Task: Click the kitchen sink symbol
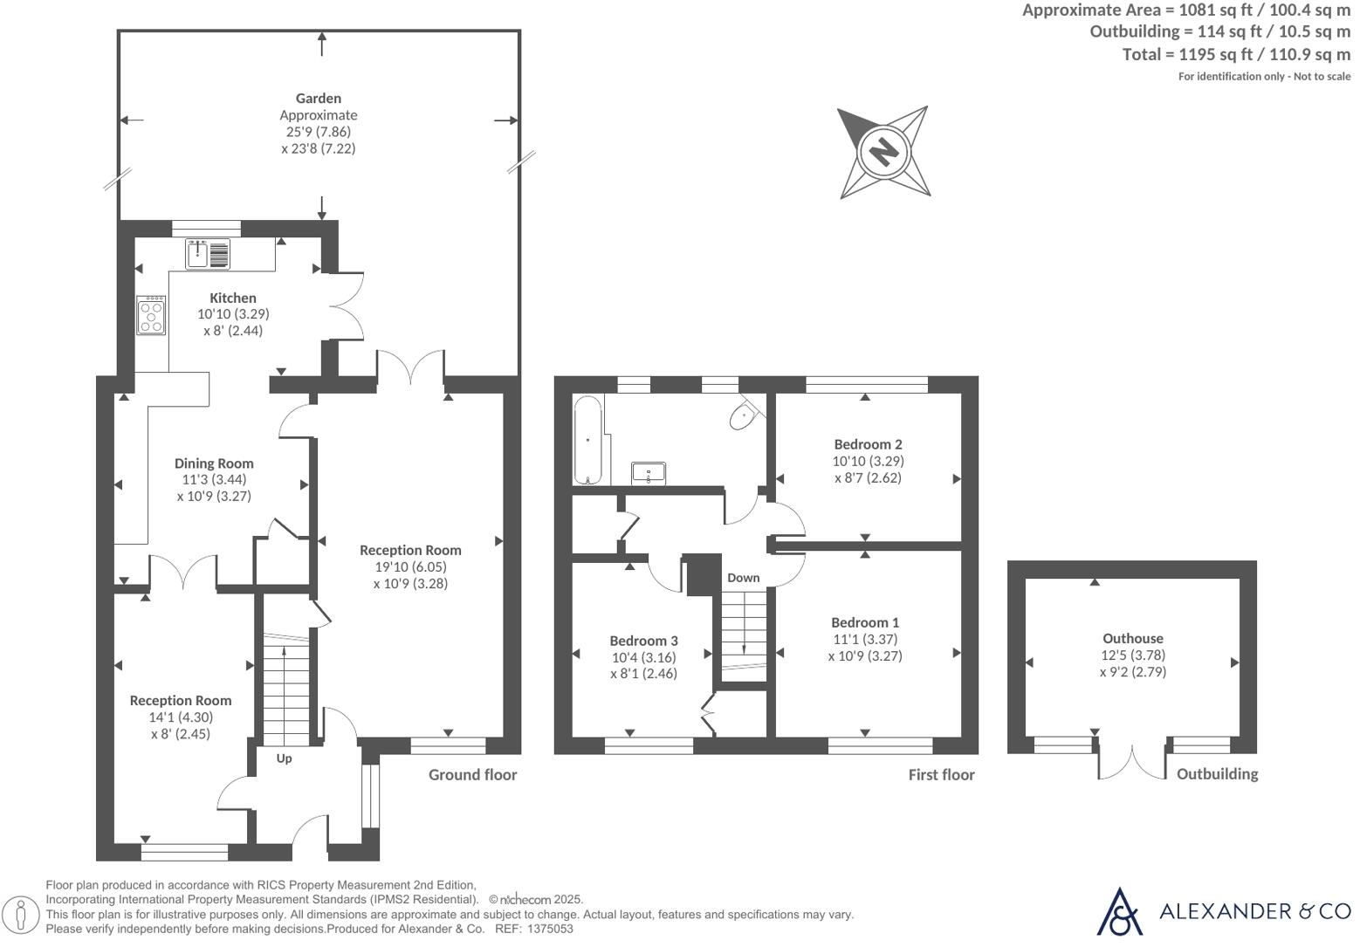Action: coord(208,254)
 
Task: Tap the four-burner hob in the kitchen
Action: coord(151,316)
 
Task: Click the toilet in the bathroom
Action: coord(743,415)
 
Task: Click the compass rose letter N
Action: coord(883,152)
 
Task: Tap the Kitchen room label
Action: coord(233,298)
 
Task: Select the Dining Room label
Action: coord(214,463)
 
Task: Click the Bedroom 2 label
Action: coord(868,444)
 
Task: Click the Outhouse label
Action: coord(1132,638)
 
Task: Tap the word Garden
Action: coord(318,99)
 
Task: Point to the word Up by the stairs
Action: coord(284,758)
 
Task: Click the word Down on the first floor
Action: coord(743,578)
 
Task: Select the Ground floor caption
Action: coord(472,775)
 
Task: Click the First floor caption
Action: coord(941,775)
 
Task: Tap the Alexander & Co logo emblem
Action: coord(1118,911)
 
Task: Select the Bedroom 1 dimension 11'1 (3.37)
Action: coord(864,639)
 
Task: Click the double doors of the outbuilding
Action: coord(1132,761)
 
